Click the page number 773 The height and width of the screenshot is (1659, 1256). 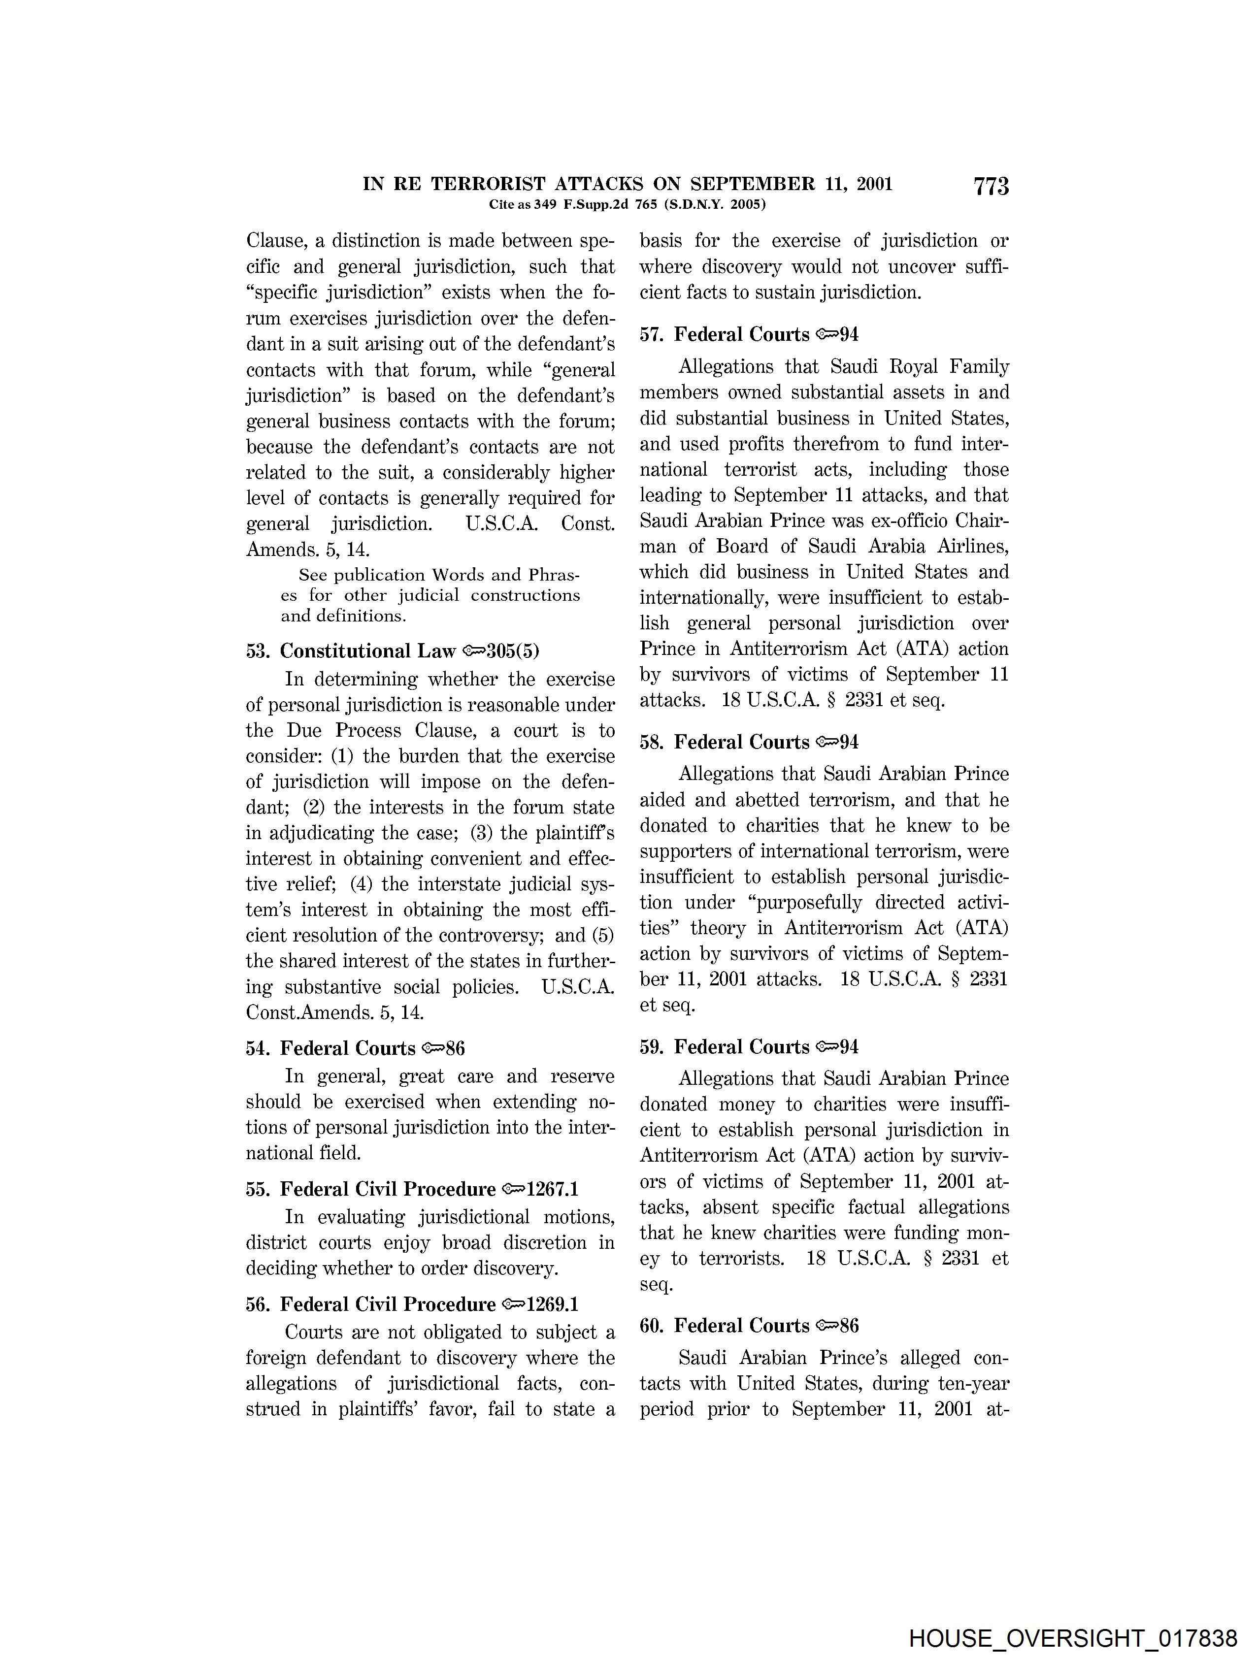point(991,187)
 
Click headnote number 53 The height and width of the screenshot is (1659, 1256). point(258,651)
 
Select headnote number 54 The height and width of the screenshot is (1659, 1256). point(258,1048)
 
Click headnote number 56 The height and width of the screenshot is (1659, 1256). point(258,1304)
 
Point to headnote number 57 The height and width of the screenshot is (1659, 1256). point(652,334)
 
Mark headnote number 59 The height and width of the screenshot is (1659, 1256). point(652,1047)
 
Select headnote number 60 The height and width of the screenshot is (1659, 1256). point(652,1325)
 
